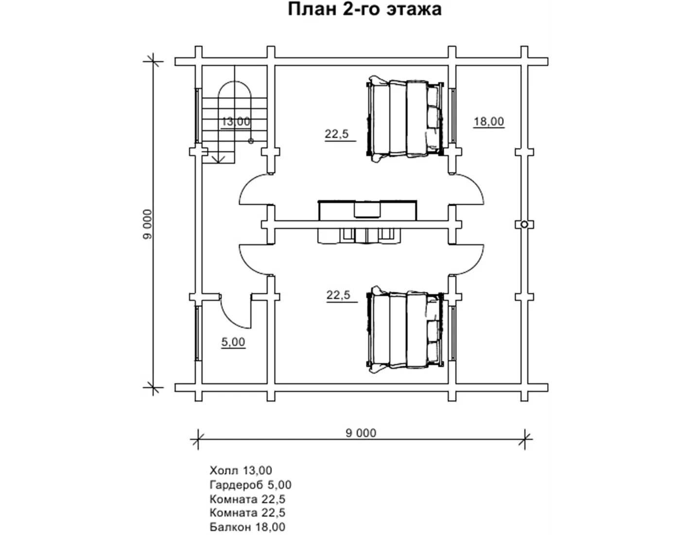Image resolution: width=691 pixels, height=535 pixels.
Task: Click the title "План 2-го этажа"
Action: click(364, 10)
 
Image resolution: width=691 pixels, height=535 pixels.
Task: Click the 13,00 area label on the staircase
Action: click(236, 121)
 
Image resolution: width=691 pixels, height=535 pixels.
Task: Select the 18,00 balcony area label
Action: click(489, 121)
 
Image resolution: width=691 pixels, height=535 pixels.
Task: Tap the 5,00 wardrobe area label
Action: click(233, 342)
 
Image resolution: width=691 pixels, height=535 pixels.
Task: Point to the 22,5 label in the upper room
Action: click(337, 134)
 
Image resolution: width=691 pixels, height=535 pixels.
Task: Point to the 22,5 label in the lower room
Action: click(338, 295)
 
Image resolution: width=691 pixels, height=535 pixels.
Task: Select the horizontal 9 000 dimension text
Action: click(361, 433)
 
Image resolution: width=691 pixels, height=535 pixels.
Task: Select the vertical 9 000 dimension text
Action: click(148, 224)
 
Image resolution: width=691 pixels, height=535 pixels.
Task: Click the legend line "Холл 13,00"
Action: click(241, 470)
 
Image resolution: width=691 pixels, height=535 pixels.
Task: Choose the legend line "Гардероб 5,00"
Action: click(250, 485)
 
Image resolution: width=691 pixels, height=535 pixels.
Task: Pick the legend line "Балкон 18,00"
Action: click(247, 527)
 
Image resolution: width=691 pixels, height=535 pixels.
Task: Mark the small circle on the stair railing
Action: click(251, 141)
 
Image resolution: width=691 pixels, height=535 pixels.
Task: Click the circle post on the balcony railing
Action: click(524, 225)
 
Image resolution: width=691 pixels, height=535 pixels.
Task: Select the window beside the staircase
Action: click(198, 116)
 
